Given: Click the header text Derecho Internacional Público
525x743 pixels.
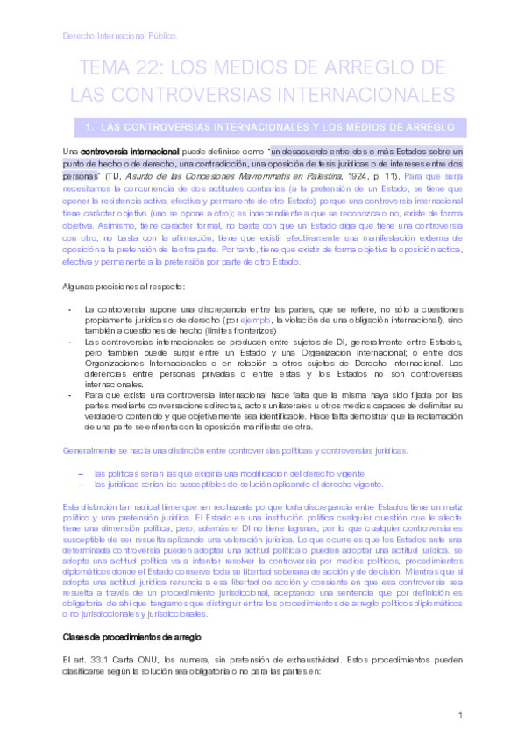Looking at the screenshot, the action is (x=120, y=36).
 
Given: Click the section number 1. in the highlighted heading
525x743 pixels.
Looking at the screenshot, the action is (x=91, y=128).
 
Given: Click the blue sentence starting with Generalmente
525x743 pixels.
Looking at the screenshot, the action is (x=235, y=450).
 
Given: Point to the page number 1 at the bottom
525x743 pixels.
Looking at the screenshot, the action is (x=460, y=716).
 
